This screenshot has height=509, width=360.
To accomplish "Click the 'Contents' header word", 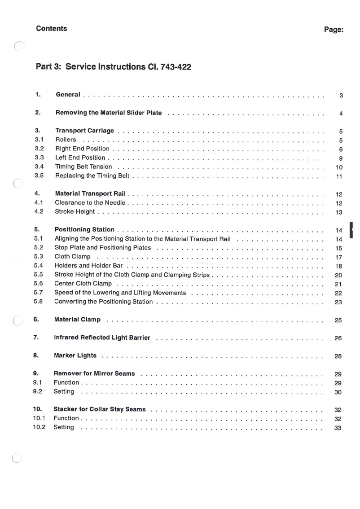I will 52,29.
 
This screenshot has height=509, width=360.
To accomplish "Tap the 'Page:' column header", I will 334,30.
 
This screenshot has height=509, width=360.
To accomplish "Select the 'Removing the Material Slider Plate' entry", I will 109,113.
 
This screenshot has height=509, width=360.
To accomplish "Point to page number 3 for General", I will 341,96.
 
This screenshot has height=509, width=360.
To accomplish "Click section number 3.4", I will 39,167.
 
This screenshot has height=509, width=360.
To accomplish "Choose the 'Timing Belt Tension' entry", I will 83,167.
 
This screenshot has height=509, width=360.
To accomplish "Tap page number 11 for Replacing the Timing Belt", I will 339,176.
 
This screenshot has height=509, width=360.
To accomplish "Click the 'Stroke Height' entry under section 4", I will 75,211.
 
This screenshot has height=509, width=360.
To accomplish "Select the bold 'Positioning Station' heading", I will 84,230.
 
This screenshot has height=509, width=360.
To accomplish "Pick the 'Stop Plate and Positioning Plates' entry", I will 103,248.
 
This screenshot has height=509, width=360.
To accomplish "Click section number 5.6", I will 38,284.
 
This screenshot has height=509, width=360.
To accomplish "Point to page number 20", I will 339,275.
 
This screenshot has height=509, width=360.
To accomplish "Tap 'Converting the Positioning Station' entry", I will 103,302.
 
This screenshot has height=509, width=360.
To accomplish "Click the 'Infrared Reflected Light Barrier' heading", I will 102,338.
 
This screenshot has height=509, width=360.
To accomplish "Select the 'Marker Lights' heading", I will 75,355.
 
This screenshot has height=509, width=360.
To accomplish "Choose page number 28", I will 339,356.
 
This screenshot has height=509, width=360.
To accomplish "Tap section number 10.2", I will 40,427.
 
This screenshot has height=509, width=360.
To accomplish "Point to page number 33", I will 339,428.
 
